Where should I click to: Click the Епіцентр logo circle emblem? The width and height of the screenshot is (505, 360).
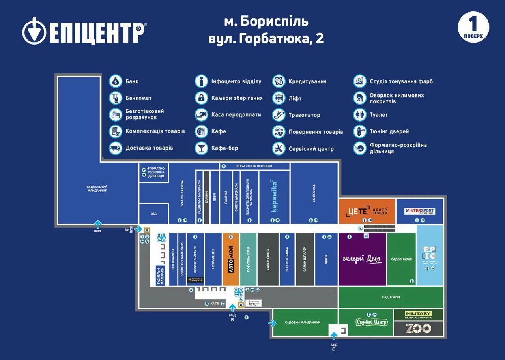tap(34, 31)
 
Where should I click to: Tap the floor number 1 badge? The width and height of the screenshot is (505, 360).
tap(473, 27)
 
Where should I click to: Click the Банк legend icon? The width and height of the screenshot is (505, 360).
tap(116, 81)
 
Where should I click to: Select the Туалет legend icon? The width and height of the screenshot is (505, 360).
tap(360, 115)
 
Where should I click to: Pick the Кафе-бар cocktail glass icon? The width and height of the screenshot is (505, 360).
tap(201, 148)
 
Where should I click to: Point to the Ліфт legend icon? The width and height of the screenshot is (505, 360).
tap(279, 98)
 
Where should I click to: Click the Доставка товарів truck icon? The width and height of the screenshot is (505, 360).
tap(116, 148)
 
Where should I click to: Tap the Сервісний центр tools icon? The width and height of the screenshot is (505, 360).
tap(279, 149)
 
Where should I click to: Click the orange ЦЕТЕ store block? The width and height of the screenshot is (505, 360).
tap(367, 211)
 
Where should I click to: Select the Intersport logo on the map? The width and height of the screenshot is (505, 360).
tap(420, 211)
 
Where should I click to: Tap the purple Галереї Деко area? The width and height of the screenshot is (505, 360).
tap(362, 259)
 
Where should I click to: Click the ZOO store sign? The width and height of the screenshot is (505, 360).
tap(418, 328)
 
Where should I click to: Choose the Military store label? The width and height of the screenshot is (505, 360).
tap(418, 314)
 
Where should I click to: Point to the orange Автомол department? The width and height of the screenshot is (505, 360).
tap(231, 259)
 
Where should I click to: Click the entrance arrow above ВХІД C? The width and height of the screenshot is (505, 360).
tap(334, 336)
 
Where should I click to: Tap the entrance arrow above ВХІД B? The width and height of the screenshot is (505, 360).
tap(232, 307)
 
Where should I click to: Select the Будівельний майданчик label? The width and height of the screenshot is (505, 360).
tap(97, 189)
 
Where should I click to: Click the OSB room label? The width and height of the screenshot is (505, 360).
tap(153, 214)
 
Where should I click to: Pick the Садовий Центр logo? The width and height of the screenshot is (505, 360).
tap(372, 322)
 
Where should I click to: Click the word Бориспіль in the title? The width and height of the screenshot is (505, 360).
tap(274, 21)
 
